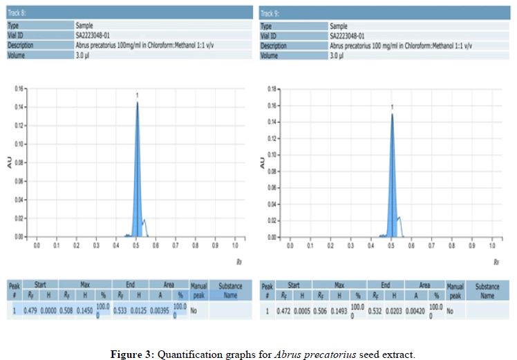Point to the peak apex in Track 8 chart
tap(138, 102)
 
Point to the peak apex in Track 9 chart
tap(392, 114)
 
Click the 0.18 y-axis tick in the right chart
tap(272, 89)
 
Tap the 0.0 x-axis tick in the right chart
tap(290, 245)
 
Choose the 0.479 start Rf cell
tap(32, 311)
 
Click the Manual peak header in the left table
tap(199, 290)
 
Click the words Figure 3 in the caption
tap(133, 354)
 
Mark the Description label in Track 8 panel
tap(21, 44)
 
